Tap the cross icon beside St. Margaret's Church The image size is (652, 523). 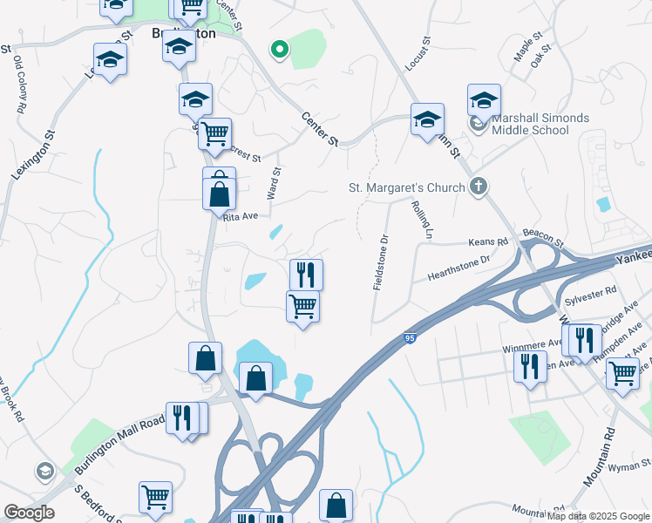478,186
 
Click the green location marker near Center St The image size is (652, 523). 280,51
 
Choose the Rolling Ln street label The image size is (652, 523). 423,220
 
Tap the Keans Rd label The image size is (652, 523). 488,242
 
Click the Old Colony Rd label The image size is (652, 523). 18,86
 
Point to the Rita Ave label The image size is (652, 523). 241,216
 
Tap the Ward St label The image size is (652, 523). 275,183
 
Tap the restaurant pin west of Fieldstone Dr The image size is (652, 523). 306,275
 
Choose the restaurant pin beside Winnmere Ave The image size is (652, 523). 530,366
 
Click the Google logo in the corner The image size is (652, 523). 29,513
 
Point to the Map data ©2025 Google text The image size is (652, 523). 598,516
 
